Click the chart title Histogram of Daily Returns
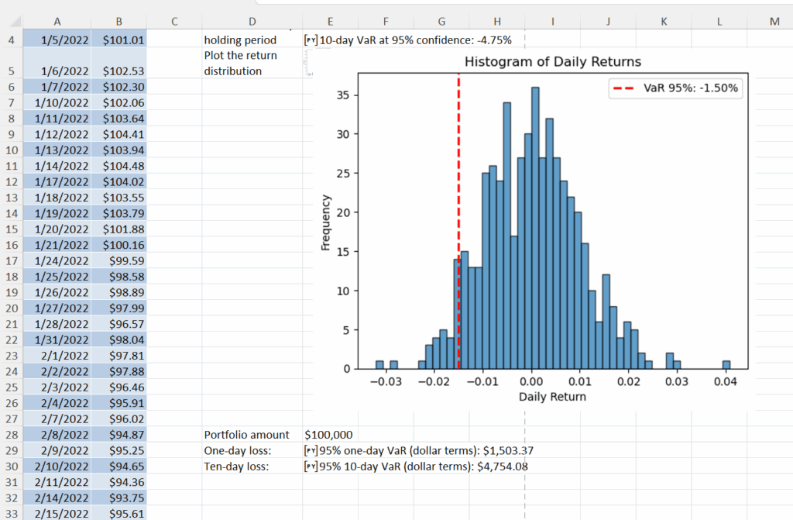(x=552, y=61)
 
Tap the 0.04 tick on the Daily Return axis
(x=726, y=382)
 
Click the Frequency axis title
(x=326, y=222)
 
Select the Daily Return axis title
(x=552, y=397)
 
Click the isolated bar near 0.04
(x=726, y=364)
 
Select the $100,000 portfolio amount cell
(x=329, y=435)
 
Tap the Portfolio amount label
(x=246, y=435)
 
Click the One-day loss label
(x=236, y=450)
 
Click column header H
(x=496, y=22)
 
